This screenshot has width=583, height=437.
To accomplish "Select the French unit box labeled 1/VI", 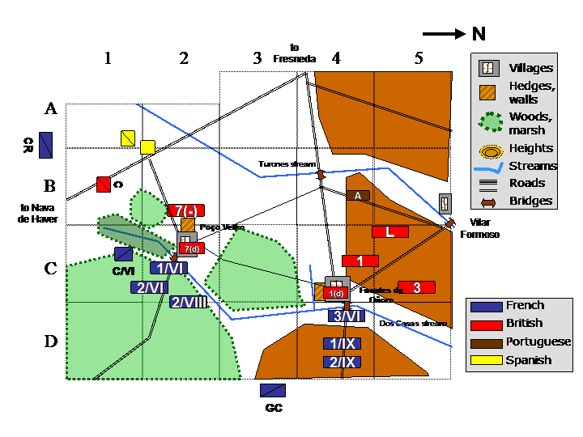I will [x=168, y=268].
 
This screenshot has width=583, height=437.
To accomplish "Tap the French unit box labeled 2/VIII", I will [x=189, y=302].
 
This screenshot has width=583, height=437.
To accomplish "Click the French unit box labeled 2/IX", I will [x=342, y=361].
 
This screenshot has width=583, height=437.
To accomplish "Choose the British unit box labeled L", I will [x=389, y=231].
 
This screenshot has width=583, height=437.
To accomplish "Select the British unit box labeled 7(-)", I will [x=185, y=210].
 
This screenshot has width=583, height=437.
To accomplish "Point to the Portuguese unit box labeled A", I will [x=358, y=195].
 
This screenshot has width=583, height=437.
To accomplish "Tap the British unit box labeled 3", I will [x=416, y=287].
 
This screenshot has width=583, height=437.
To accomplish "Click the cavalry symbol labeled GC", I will [x=272, y=390].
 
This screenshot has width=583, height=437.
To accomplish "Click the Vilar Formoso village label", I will [x=479, y=227].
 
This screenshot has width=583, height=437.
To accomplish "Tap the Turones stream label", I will [x=286, y=164].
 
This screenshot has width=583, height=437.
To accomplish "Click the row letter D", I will [x=50, y=342].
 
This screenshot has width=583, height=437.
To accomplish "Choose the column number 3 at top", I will [x=257, y=58].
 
